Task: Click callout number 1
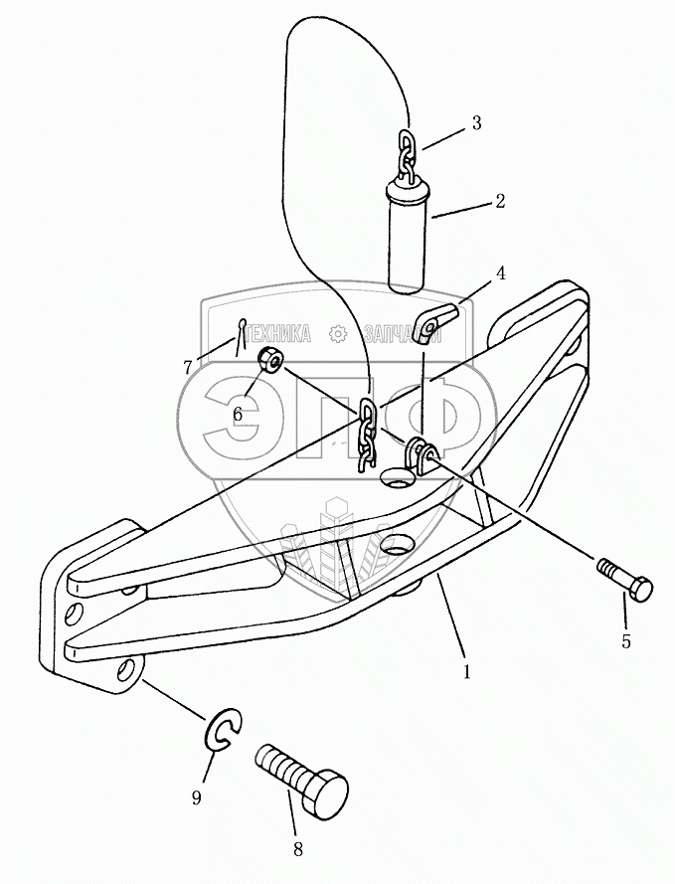pos(466,672)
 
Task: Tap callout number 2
pos(500,201)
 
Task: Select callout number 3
pos(476,123)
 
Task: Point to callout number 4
pos(501,271)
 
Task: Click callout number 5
pos(626,641)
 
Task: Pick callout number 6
pos(237,414)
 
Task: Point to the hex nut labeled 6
pos(268,359)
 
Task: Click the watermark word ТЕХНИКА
pos(277,334)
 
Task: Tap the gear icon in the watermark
pos(338,334)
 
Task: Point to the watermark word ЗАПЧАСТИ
pos(402,334)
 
